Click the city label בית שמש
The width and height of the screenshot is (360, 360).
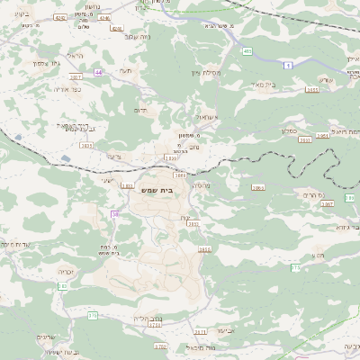[x=155, y=191]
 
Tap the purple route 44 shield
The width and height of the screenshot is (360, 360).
[x=98, y=72]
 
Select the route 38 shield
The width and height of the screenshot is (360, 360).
[x=115, y=214]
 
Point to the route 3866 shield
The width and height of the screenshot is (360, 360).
[x=258, y=188]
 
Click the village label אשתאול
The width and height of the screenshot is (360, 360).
[x=207, y=117]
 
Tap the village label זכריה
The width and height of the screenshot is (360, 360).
[x=66, y=271]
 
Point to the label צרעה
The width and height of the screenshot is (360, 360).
[x=112, y=155]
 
